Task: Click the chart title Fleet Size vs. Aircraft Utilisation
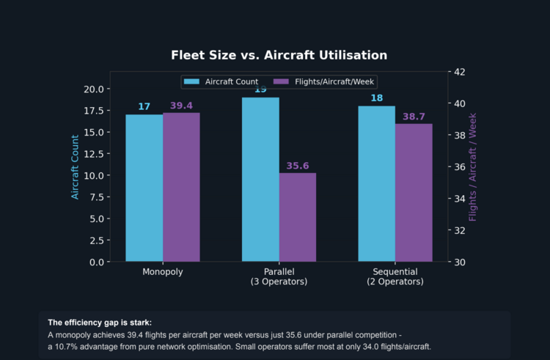coord(279,55)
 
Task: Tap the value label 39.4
coord(181,106)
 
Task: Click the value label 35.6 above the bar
coord(298,166)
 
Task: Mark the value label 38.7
coord(414,117)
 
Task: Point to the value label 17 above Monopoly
coord(144,107)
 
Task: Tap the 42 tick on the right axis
coord(460,72)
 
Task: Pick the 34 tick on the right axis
coord(460,199)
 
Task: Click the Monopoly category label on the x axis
coord(162,272)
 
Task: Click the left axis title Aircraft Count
coord(75,166)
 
